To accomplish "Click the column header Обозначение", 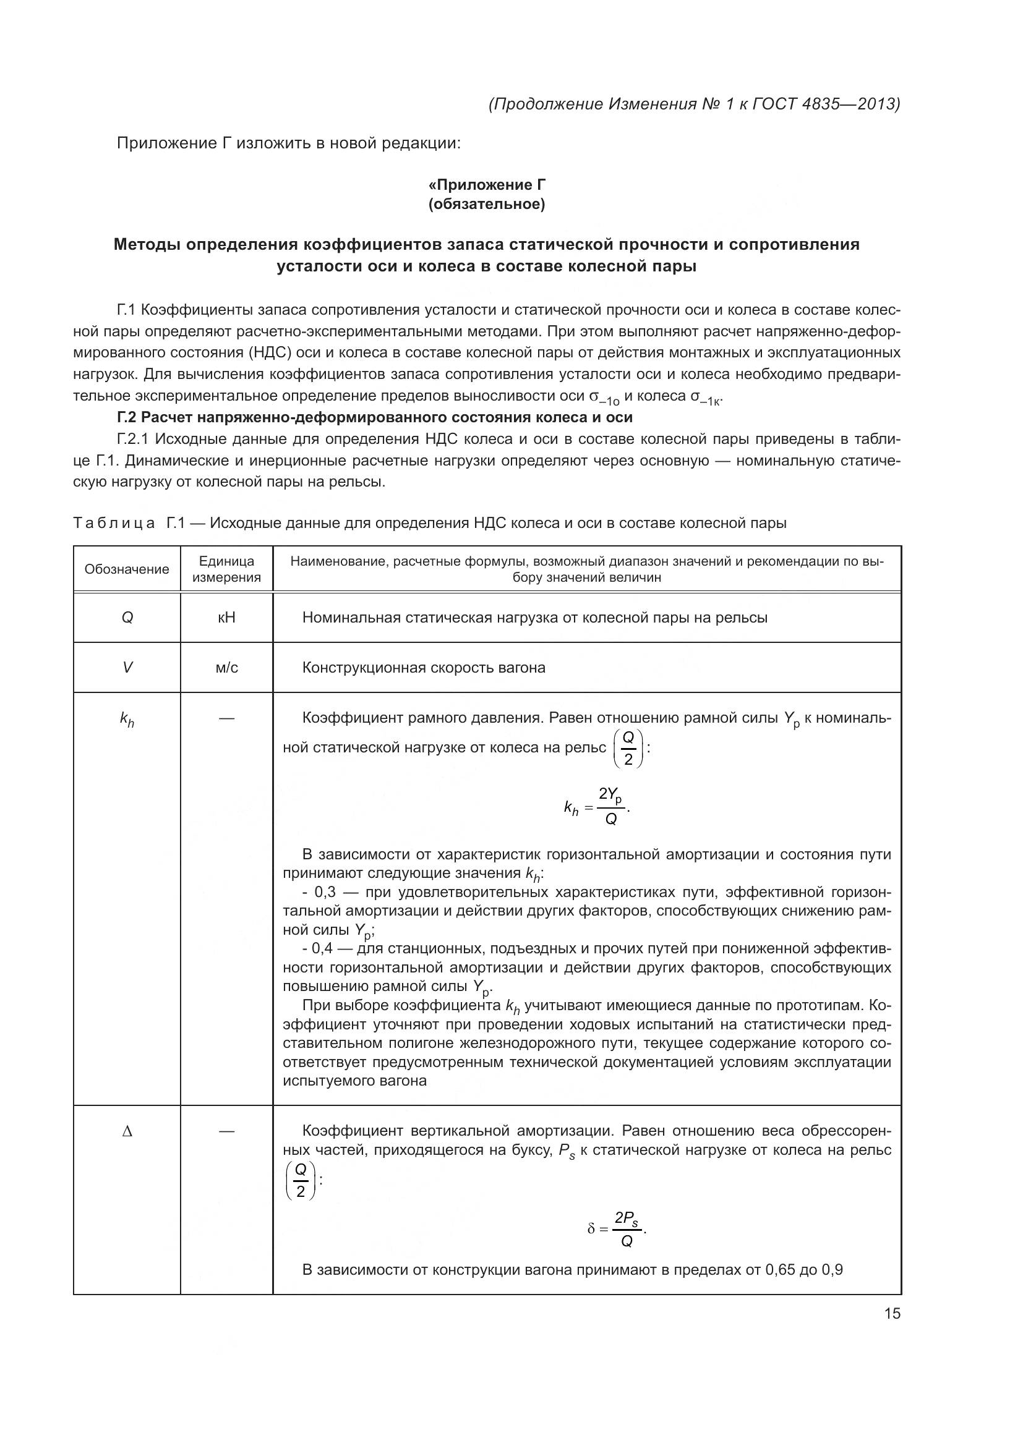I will click(x=127, y=569).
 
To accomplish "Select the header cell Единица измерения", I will click(x=226, y=569).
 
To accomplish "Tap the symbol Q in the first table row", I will click(x=127, y=618).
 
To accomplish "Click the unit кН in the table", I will click(x=226, y=618).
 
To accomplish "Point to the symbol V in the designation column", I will click(x=127, y=668).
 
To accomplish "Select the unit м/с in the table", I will click(x=226, y=668).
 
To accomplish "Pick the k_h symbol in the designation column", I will click(x=127, y=720).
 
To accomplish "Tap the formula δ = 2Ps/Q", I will click(x=617, y=1228).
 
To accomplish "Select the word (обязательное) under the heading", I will click(x=486, y=205).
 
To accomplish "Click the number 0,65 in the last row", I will click(x=780, y=1269).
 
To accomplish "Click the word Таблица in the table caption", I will click(x=114, y=524).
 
